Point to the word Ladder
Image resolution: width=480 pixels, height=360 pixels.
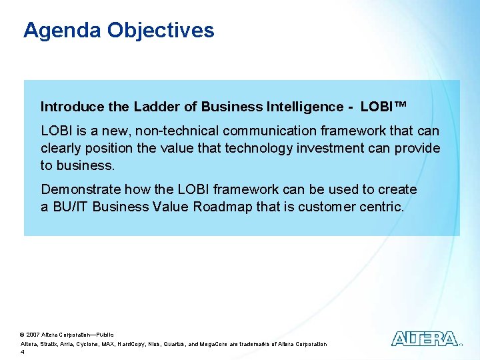tap(155, 107)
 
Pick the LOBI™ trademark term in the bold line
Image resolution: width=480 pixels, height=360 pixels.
tap(383, 107)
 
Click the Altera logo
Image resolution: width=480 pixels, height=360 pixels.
tap(424, 339)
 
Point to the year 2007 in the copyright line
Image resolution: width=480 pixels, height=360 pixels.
tap(33, 334)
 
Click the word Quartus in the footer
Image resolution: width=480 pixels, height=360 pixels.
tap(199, 344)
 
